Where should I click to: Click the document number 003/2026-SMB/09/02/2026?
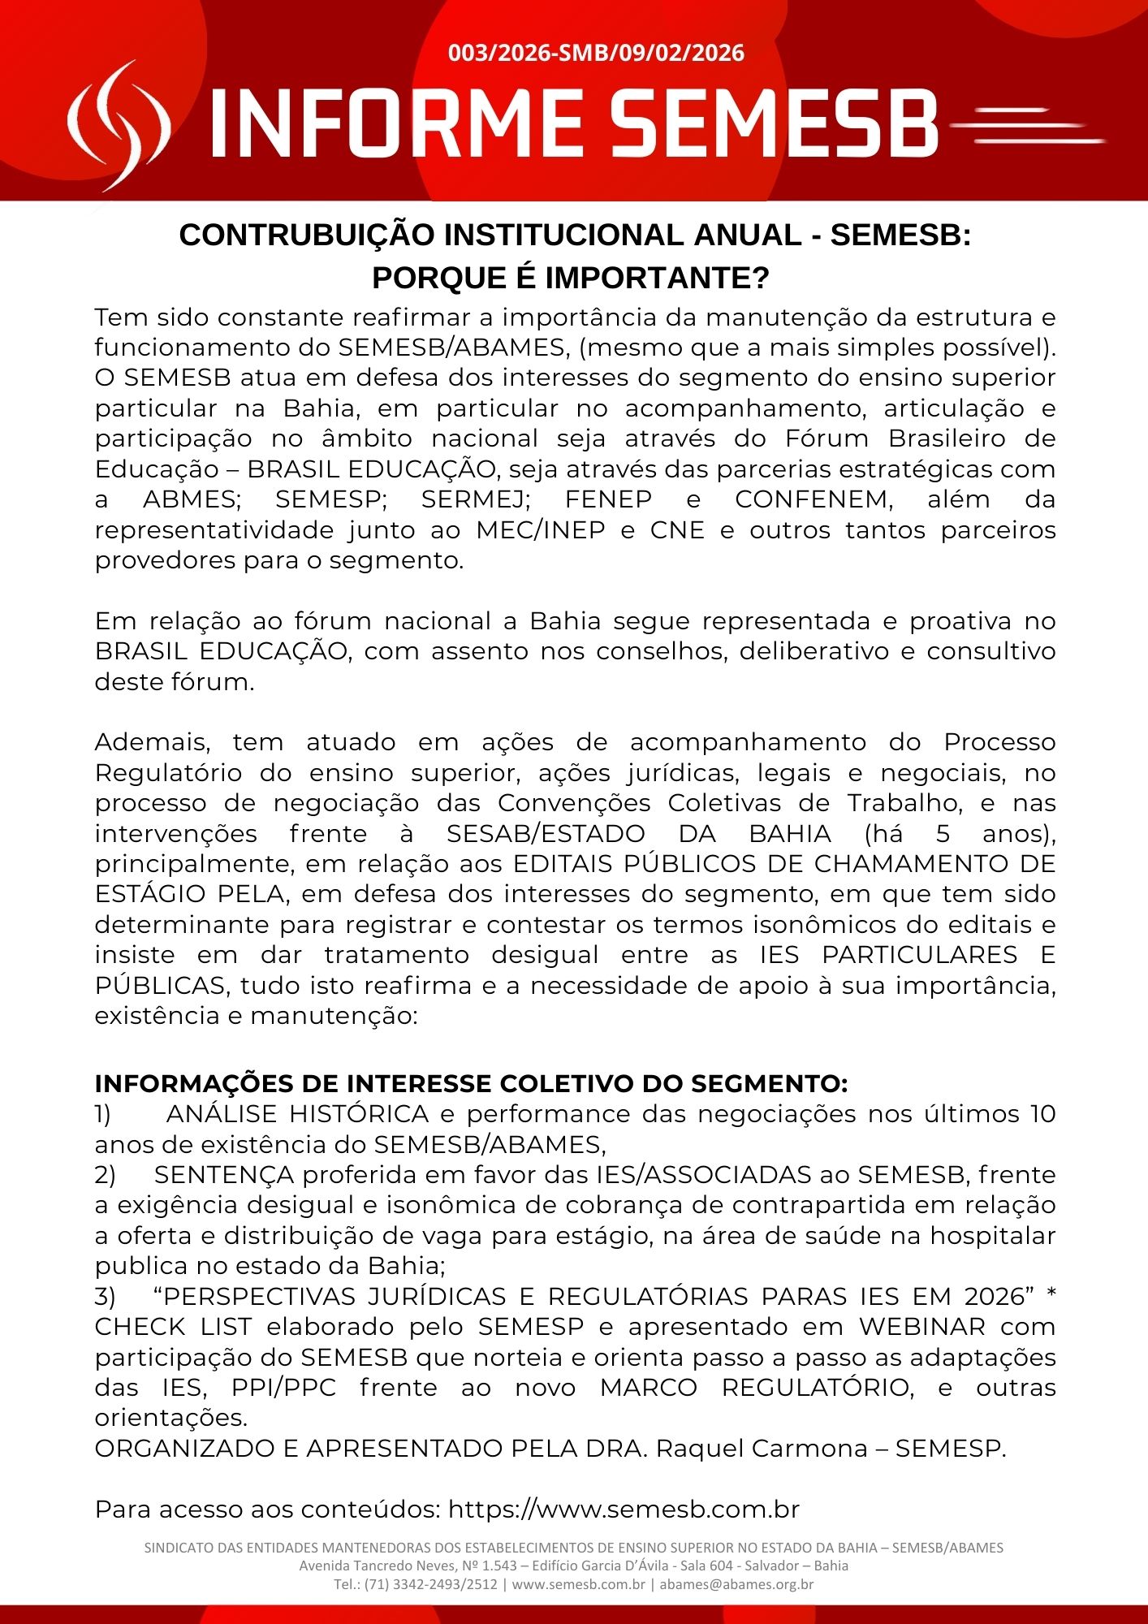point(596,54)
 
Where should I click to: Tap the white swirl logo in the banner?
point(119,126)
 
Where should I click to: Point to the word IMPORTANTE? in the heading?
point(657,279)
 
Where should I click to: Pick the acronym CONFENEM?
point(814,499)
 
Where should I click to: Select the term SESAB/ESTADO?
point(546,834)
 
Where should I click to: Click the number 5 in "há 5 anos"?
point(943,834)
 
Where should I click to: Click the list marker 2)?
point(106,1175)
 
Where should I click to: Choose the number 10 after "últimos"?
point(1042,1114)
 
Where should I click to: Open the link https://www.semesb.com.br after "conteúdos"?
point(624,1510)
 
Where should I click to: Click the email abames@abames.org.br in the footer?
point(736,1584)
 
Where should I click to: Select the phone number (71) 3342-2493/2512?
point(430,1584)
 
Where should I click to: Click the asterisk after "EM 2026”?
point(1051,1295)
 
